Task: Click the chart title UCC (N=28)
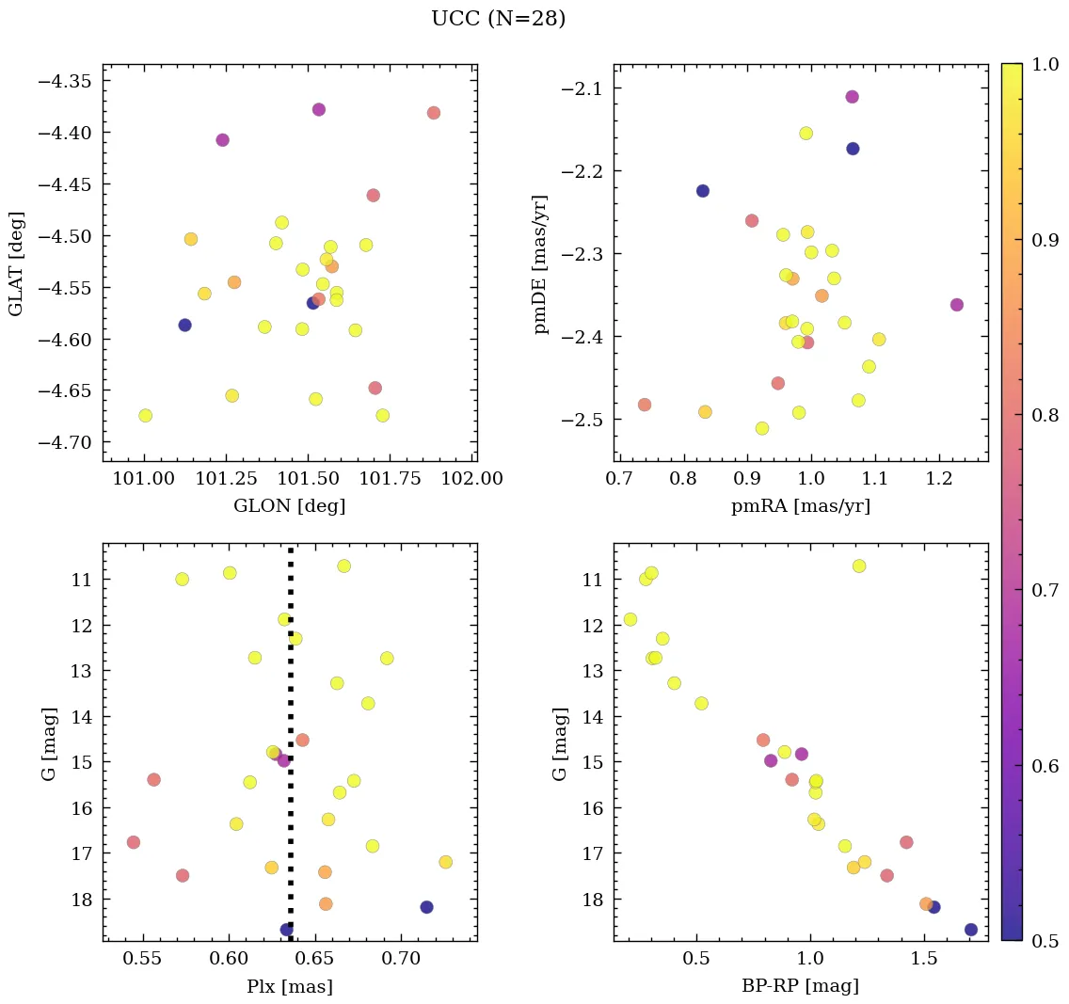click(498, 19)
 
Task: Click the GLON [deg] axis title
click(289, 506)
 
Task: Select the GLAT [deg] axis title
click(16, 263)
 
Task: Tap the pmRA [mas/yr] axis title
click(800, 506)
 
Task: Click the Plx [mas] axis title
click(289, 986)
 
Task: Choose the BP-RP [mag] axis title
click(800, 986)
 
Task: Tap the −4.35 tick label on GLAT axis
click(64, 81)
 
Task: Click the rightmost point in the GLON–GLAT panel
click(433, 113)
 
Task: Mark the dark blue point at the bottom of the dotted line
click(287, 930)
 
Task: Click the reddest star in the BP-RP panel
click(971, 930)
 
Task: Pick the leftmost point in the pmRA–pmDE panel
click(645, 405)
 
